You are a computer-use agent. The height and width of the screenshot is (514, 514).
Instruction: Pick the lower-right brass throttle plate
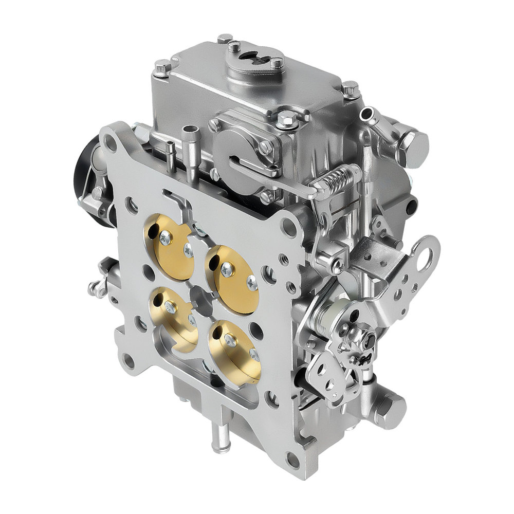234,350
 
